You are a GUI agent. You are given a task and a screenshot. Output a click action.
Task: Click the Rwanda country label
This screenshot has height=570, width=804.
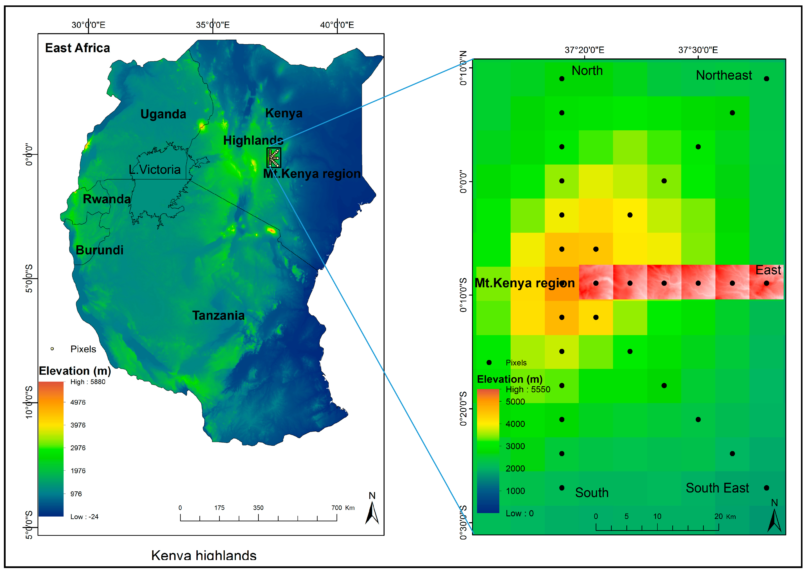pyautogui.click(x=106, y=199)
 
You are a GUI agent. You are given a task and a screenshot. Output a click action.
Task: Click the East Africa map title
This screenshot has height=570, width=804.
pyautogui.click(x=77, y=48)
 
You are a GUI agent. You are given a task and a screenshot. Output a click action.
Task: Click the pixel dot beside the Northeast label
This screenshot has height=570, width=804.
pyautogui.click(x=767, y=79)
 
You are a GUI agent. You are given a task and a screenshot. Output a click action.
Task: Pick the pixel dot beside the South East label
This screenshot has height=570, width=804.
pyautogui.click(x=767, y=488)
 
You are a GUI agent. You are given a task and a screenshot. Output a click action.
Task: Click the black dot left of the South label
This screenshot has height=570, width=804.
pyautogui.click(x=562, y=488)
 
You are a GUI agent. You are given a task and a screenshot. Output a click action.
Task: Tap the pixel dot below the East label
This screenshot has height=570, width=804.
pyautogui.click(x=767, y=283)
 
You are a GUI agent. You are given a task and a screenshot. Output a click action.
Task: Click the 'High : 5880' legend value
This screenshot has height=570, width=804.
pyautogui.click(x=88, y=382)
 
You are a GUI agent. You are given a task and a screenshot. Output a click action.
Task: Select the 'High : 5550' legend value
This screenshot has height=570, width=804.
pyautogui.click(x=528, y=389)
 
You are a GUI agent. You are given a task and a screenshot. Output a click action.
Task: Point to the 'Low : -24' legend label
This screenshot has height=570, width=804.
pyautogui.click(x=84, y=517)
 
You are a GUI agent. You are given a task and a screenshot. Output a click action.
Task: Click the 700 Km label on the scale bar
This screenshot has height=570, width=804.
pyautogui.click(x=343, y=507)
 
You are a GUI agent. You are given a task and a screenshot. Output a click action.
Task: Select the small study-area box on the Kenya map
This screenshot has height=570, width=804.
pyautogui.click(x=273, y=158)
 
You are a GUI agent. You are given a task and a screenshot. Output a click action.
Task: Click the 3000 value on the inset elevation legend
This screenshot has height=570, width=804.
pyautogui.click(x=515, y=446)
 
